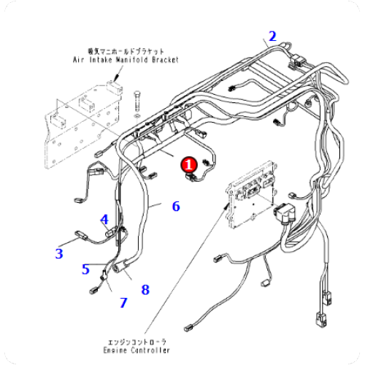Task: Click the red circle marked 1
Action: coord(188,165)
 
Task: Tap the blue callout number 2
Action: coord(272,36)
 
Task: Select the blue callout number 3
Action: coord(59,253)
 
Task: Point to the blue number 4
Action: coord(104,219)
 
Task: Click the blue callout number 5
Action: coord(85,269)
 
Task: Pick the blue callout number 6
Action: coord(175,207)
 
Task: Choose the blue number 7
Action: coord(123,301)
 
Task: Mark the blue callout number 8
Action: coord(145,290)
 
